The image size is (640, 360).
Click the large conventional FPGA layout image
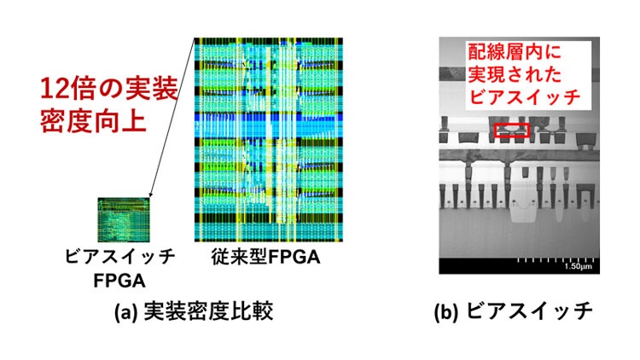click(269, 141)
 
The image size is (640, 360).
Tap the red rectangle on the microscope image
click(512, 129)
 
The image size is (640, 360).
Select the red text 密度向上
click(90, 119)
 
